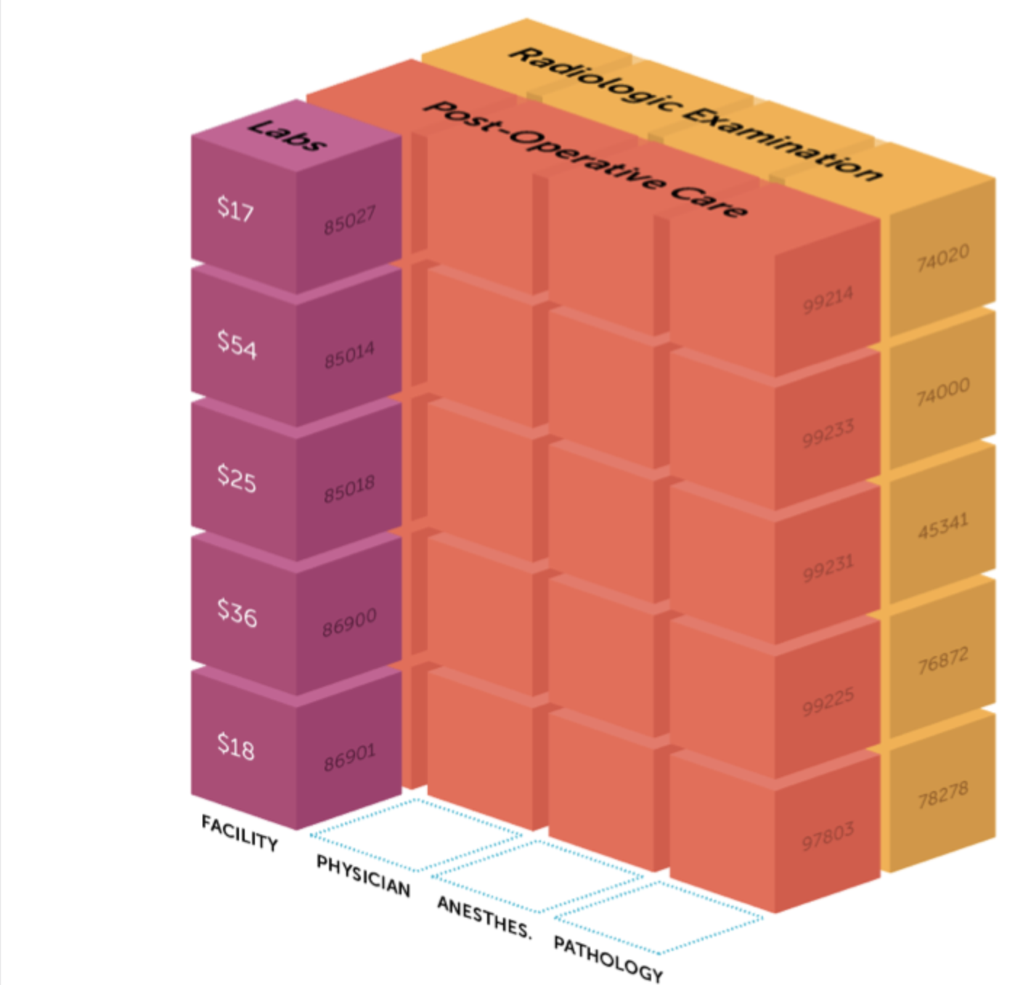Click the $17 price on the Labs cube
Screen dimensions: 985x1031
(x=235, y=209)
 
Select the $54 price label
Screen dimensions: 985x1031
(x=237, y=344)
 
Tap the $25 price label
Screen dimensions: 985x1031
(x=237, y=478)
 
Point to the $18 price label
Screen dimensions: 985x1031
(x=236, y=745)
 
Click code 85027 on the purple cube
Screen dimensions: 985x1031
(x=350, y=220)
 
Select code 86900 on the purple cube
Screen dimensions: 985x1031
(x=350, y=623)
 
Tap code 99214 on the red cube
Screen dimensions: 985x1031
(x=828, y=301)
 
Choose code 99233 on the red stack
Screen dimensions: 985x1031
(x=828, y=434)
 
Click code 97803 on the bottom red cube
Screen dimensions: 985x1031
(x=828, y=837)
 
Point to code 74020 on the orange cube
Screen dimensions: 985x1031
(x=942, y=258)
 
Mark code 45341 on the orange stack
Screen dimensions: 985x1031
(x=942, y=526)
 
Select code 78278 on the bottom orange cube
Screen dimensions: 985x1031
(x=942, y=795)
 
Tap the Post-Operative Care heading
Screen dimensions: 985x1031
(x=585, y=158)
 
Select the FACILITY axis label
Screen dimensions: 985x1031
(x=240, y=832)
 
